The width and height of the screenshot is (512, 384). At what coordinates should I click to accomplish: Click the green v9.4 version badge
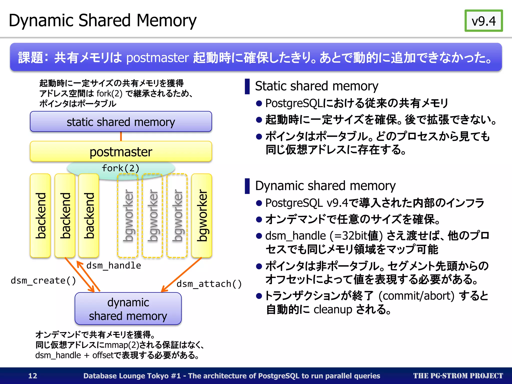483,21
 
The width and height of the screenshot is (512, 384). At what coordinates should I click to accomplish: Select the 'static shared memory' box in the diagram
121,122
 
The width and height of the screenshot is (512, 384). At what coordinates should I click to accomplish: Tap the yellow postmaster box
121,152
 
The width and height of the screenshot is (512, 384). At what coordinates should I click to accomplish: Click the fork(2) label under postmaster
120,168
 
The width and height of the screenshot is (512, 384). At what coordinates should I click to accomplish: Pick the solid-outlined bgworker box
201,215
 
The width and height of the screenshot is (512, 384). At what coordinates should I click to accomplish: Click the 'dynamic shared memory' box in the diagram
128,309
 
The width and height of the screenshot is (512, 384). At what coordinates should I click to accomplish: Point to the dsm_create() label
43,280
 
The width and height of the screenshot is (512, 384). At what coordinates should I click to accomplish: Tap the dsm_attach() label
209,284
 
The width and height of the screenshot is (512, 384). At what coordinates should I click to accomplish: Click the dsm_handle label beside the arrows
113,265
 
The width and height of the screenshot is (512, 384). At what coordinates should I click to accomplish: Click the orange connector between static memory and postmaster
121,136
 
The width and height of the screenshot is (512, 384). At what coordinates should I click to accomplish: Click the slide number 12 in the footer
33,376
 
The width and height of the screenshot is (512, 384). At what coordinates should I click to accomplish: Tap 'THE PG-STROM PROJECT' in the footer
458,376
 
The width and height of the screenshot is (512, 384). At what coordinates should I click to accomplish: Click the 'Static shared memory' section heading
316,86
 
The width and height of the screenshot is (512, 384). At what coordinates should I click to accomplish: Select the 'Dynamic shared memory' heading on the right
325,186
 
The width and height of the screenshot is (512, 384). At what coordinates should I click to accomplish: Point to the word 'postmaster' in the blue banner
157,58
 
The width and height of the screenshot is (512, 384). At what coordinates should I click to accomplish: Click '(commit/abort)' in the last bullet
416,296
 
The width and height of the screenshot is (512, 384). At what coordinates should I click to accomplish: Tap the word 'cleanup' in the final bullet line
333,309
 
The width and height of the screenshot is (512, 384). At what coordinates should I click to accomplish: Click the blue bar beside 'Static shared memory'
247,86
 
